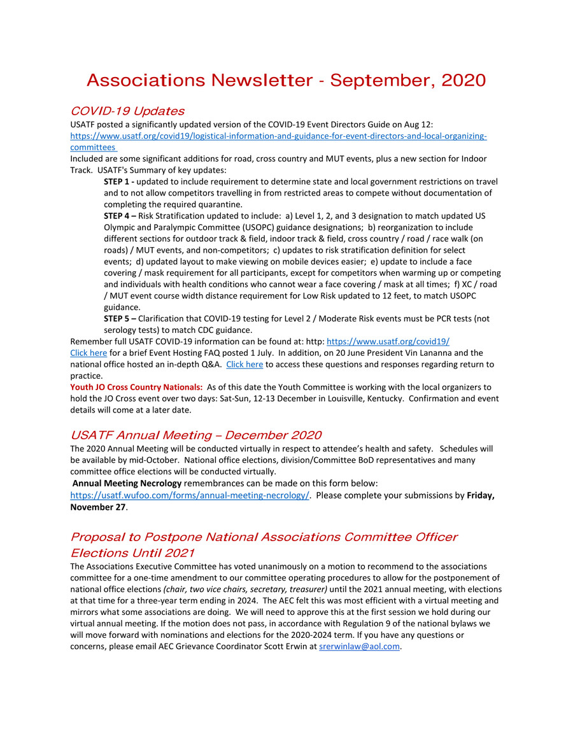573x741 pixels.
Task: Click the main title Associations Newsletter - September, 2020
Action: pyautogui.click(x=286, y=80)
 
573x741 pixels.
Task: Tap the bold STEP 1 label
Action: pyautogui.click(x=119, y=181)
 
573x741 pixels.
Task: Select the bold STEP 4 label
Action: pyautogui.click(x=119, y=216)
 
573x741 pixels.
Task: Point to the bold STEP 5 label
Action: pyautogui.click(x=119, y=318)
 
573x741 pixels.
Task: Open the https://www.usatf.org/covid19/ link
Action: pyautogui.click(x=388, y=341)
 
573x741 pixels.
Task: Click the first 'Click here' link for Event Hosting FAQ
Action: pyautogui.click(x=88, y=353)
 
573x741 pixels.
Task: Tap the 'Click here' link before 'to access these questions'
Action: pyautogui.click(x=244, y=365)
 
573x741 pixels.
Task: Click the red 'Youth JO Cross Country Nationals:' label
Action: pyautogui.click(x=137, y=387)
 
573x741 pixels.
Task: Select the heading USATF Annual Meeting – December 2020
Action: pyautogui.click(x=195, y=435)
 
